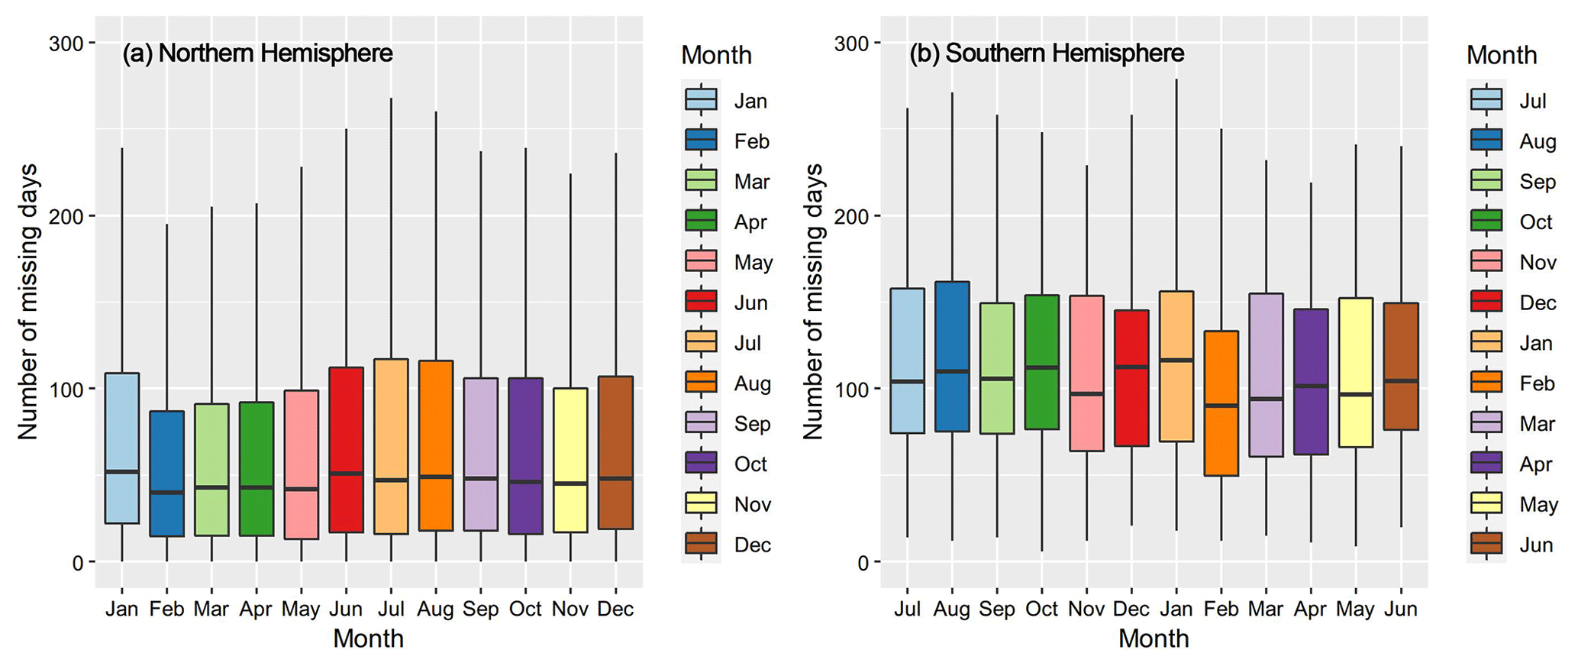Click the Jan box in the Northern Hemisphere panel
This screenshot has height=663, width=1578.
tap(122, 448)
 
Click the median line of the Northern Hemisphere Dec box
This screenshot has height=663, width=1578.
tap(615, 478)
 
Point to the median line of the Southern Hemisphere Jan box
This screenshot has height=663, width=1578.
tap(1176, 360)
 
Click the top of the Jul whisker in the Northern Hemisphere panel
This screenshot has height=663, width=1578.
tap(391, 99)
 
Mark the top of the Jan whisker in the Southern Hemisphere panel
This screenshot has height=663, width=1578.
tap(1176, 79)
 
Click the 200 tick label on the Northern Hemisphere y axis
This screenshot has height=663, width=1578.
tap(66, 216)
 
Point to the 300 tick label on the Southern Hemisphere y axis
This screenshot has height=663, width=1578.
tap(852, 44)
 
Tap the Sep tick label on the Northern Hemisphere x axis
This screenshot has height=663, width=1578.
tap(480, 609)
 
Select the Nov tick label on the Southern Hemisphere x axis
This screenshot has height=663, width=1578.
tap(1086, 609)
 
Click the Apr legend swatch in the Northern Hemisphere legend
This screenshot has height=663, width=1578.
tap(701, 222)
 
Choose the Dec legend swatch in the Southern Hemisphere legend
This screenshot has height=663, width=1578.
tap(1486, 302)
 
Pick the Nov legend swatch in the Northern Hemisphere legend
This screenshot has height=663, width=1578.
tap(701, 504)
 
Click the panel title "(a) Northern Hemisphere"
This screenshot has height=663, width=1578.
tap(257, 53)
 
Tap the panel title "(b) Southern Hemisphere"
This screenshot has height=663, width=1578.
tap(1046, 53)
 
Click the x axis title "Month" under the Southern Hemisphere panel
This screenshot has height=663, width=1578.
tap(1154, 639)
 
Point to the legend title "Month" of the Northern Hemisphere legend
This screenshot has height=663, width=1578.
tap(716, 55)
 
